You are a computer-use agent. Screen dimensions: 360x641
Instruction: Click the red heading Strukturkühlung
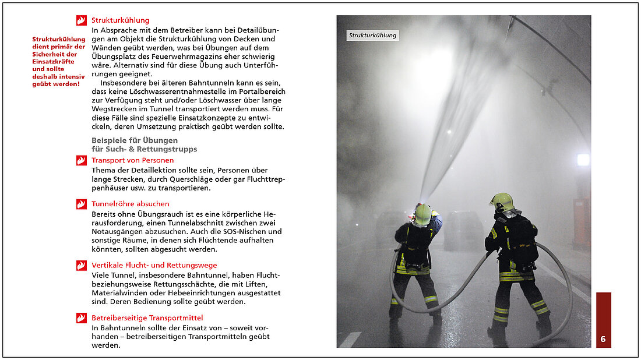120,20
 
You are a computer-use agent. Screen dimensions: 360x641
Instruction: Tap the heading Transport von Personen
132,160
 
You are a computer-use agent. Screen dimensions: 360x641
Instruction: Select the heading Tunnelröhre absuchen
130,204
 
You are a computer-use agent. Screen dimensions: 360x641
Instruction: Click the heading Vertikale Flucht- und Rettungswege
154,265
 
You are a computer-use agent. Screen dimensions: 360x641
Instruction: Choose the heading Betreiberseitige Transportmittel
147,317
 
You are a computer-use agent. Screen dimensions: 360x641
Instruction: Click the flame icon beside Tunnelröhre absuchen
81,204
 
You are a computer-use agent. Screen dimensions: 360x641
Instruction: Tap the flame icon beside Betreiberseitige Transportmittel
81,317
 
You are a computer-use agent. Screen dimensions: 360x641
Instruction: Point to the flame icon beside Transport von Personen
81,160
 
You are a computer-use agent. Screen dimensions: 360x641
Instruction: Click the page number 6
603,339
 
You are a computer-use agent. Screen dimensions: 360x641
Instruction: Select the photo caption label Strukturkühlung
372,36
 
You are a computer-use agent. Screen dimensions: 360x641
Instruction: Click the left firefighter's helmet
422,214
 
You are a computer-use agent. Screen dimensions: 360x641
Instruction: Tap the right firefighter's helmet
502,202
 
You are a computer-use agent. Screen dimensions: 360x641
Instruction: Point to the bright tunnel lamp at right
583,160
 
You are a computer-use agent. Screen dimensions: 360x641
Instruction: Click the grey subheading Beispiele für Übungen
135,140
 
